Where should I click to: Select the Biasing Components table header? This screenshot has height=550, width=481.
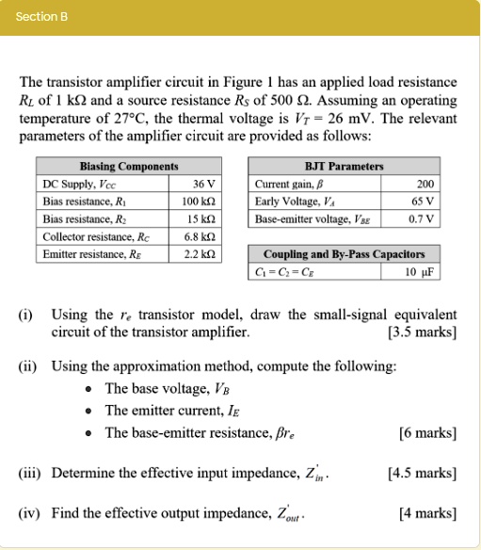pyautogui.click(x=129, y=167)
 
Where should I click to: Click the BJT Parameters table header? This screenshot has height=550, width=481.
pyautogui.click(x=344, y=167)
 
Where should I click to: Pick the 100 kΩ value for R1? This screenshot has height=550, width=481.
pyautogui.click(x=201, y=202)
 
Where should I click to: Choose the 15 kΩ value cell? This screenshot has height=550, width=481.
pyautogui.click(x=203, y=219)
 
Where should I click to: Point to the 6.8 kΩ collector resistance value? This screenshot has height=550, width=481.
pyautogui.click(x=202, y=237)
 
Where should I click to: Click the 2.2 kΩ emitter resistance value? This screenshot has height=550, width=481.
pyautogui.click(x=202, y=254)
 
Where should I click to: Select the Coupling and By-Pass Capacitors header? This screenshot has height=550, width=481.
pyautogui.click(x=344, y=254)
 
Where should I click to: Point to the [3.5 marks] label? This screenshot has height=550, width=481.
pyautogui.click(x=422, y=332)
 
